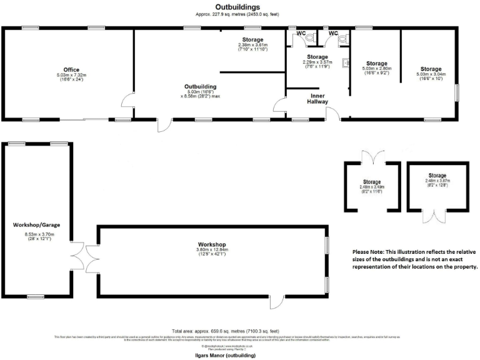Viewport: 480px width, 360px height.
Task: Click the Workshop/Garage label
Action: (x=37, y=224)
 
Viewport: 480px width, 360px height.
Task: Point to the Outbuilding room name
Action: (x=200, y=86)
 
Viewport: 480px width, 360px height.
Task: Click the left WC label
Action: (x=301, y=33)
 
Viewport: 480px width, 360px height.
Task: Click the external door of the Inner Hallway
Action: (x=334, y=115)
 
